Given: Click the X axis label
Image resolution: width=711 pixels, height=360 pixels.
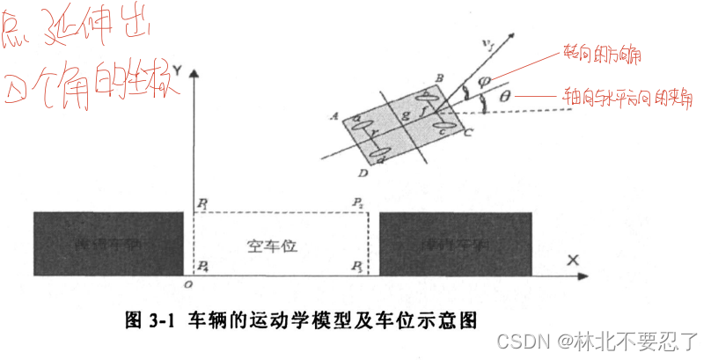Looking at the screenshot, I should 573,261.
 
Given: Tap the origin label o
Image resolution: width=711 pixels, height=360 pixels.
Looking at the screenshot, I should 187,283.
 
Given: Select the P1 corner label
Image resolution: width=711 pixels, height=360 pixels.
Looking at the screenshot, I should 203,203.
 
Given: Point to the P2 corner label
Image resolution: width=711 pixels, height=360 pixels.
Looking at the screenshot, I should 357,203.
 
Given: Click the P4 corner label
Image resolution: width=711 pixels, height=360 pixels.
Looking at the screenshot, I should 203,265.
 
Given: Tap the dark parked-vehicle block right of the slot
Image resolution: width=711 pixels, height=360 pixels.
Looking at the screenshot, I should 455,243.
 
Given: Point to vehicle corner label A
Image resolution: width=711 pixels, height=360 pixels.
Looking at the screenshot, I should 333,115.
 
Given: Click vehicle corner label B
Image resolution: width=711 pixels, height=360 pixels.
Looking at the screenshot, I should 438,77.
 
